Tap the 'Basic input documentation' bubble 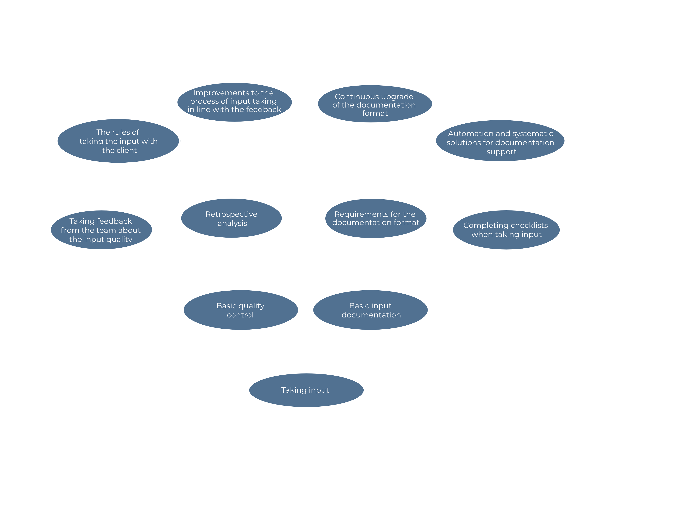[370, 310]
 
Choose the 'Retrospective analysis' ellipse [231, 218]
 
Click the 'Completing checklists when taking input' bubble [506, 230]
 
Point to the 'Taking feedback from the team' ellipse [101, 230]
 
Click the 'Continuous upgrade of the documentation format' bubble [375, 104]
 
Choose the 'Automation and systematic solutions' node [500, 141]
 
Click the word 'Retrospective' [231, 214]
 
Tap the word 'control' [240, 315]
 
